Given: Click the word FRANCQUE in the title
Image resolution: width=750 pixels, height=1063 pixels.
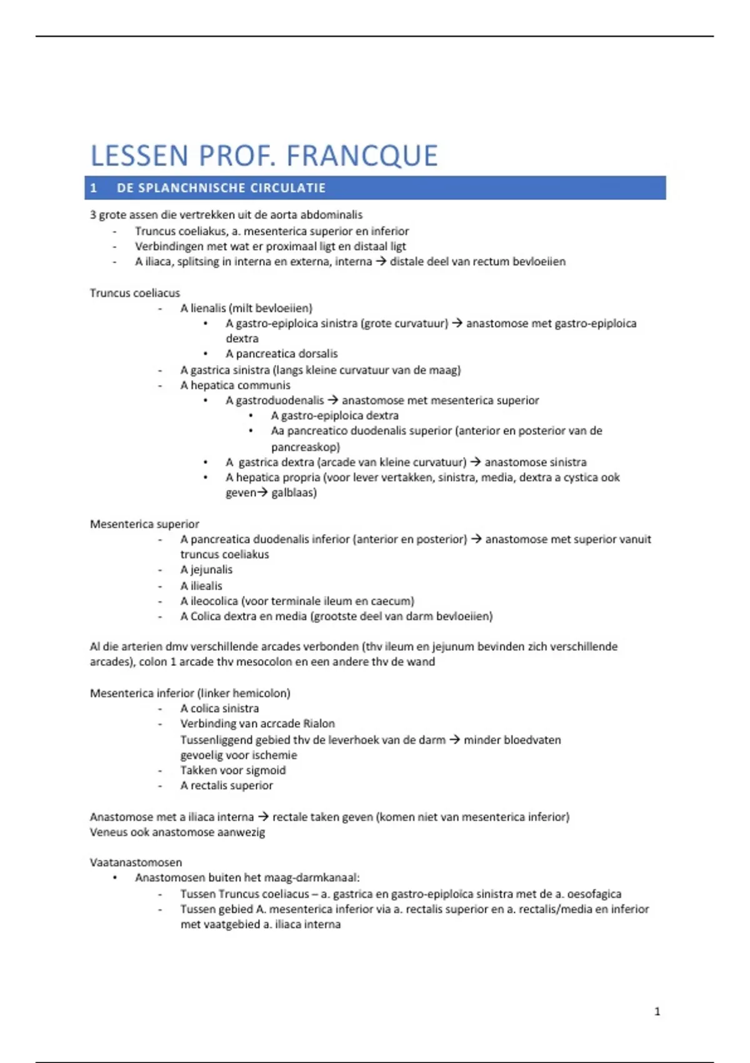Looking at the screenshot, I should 362,156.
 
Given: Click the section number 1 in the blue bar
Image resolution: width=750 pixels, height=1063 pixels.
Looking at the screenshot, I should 94,188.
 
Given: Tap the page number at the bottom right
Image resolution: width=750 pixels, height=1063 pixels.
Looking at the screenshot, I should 657,1011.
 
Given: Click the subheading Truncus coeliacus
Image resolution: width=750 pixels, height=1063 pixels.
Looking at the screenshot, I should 134,293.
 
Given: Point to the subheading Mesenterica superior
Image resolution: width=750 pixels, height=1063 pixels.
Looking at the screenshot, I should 144,524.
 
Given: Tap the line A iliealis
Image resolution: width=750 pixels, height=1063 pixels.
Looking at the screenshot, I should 201,586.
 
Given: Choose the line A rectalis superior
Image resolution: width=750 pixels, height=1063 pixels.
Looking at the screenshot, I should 226,785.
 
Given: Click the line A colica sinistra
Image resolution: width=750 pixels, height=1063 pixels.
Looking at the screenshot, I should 219,708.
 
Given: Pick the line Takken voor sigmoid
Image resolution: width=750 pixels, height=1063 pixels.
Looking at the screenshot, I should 232,770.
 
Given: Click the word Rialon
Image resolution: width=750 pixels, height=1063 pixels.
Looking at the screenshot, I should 319,723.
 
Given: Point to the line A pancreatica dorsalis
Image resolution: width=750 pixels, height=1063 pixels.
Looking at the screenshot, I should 282,354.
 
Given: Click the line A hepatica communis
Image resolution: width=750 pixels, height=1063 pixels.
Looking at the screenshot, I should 235,385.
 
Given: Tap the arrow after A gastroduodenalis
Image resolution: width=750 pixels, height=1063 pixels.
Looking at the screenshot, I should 332,400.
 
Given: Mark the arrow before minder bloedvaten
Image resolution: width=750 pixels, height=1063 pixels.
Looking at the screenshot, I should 454,740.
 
